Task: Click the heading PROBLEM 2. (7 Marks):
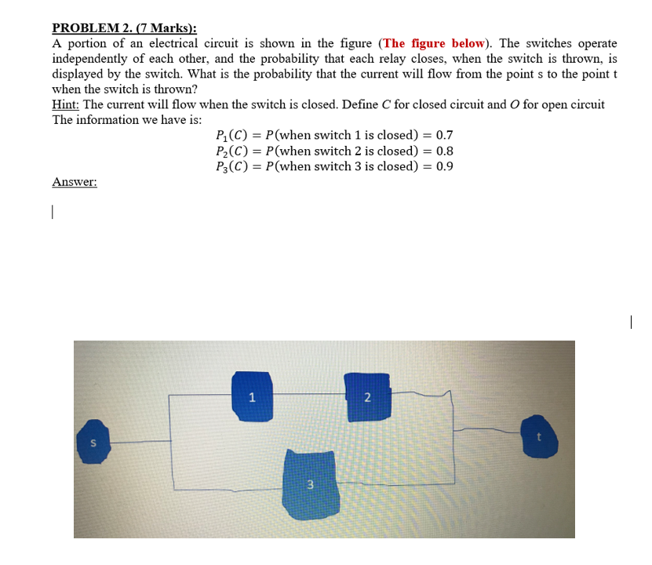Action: coord(124,28)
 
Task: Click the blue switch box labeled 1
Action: coord(253,395)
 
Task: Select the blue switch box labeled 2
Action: coord(366,396)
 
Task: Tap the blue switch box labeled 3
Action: coord(310,483)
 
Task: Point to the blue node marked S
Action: coord(93,442)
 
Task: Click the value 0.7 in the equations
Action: coord(444,135)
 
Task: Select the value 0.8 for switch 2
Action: coord(444,151)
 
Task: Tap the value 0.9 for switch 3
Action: coord(444,166)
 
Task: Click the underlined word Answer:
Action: coord(75,182)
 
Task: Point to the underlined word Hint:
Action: coord(67,105)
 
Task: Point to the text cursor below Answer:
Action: coord(53,212)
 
